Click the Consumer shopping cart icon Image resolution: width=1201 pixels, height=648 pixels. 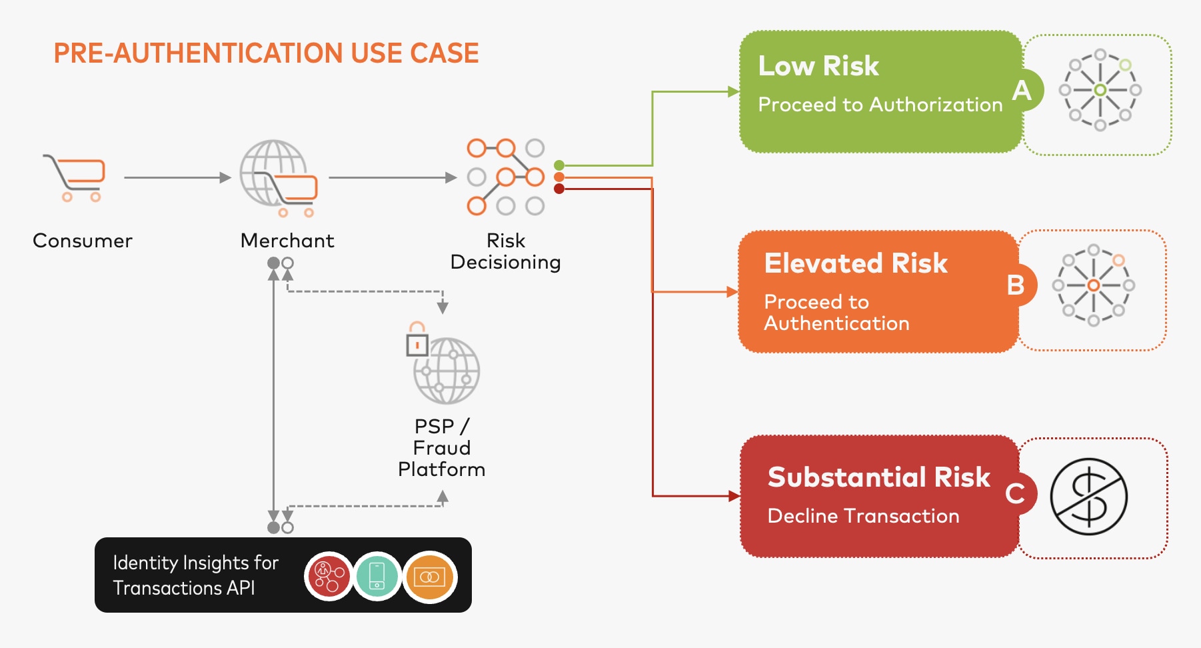[x=75, y=177]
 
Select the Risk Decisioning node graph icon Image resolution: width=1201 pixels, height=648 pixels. [x=505, y=177]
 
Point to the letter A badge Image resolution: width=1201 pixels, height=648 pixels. [x=1022, y=90]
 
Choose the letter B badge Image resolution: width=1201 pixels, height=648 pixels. [x=1015, y=285]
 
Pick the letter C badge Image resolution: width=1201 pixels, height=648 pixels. [x=1015, y=494]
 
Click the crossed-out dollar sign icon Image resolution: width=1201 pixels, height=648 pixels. [x=1088, y=497]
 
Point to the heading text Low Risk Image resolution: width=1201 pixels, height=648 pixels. [x=818, y=66]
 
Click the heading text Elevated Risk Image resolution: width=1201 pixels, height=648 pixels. [x=856, y=263]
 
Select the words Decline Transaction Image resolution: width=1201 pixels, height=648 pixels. [x=863, y=516]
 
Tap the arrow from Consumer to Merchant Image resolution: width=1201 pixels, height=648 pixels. [x=177, y=178]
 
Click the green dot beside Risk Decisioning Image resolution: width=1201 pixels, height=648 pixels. [x=559, y=165]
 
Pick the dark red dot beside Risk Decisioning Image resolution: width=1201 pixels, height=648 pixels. [x=559, y=189]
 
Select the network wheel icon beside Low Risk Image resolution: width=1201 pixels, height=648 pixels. [x=1100, y=90]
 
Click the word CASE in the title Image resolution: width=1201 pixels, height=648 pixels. [x=445, y=53]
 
